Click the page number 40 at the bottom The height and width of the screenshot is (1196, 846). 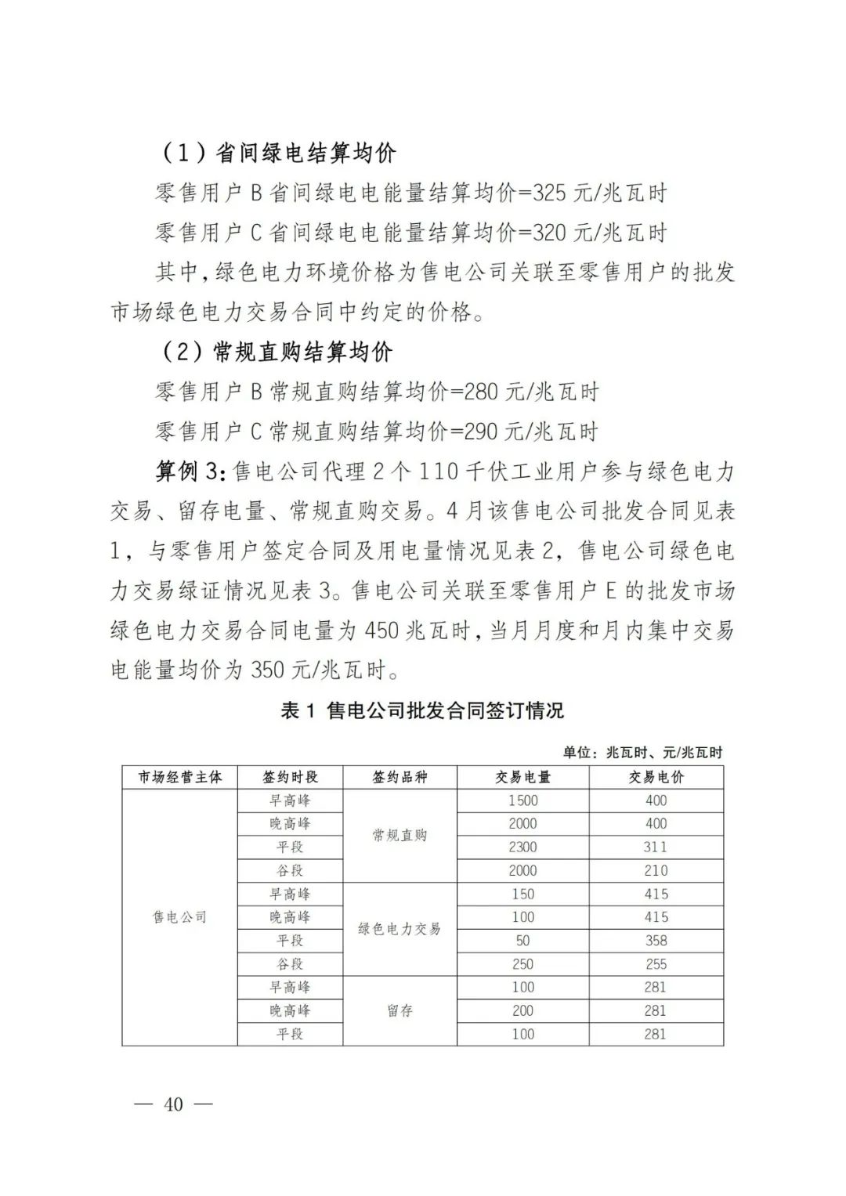tap(173, 1104)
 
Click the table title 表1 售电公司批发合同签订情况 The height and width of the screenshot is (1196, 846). tap(422, 710)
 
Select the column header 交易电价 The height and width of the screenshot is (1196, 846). tap(656, 777)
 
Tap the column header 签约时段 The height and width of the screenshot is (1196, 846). tap(290, 777)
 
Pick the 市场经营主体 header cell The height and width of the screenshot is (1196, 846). tap(179, 777)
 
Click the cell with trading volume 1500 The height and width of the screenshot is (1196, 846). tap(522, 800)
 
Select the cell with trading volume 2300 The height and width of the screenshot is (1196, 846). tap(522, 847)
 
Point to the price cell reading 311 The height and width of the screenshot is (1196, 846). tap(656, 847)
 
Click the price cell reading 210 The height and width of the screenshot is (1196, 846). tap(656, 870)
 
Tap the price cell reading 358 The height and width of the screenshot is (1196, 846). tap(656, 940)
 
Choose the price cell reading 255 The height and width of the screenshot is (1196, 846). tap(656, 963)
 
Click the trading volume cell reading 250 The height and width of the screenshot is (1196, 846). tap(522, 963)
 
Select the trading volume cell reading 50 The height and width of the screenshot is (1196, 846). tap(522, 940)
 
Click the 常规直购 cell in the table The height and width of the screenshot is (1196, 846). tap(399, 835)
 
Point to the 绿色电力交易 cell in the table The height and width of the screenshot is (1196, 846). tap(399, 929)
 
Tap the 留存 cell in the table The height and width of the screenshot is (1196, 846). tap(399, 1010)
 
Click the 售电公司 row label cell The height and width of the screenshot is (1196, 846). tap(179, 917)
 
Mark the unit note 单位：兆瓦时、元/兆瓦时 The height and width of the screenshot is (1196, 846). tap(642, 753)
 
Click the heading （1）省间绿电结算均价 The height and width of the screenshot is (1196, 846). tap(279, 153)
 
